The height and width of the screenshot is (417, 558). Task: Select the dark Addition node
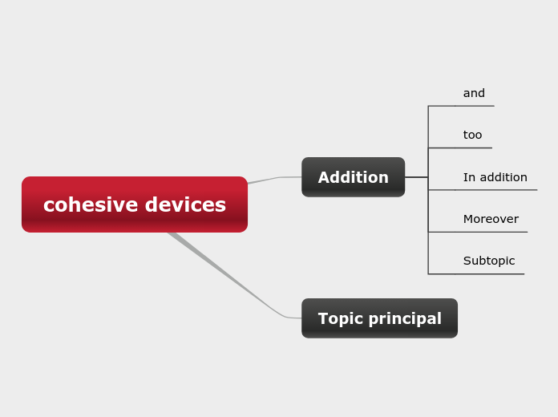[x=353, y=177]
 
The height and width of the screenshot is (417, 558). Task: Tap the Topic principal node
[x=379, y=318]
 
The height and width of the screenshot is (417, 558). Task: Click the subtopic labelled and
[x=474, y=93]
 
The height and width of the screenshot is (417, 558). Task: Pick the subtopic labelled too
[x=472, y=135]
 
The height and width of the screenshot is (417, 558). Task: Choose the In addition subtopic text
[x=495, y=177]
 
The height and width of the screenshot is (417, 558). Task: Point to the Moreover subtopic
[x=491, y=219]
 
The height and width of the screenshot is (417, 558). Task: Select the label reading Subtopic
[x=489, y=261]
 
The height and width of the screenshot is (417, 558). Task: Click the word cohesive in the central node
[x=88, y=205]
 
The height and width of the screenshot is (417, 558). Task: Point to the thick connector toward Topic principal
[x=224, y=273]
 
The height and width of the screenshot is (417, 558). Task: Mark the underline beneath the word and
[x=474, y=106]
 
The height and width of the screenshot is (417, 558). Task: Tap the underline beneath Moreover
[x=491, y=232]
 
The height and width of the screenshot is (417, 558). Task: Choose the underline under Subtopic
[x=489, y=274]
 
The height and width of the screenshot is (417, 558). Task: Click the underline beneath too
[x=473, y=148]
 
